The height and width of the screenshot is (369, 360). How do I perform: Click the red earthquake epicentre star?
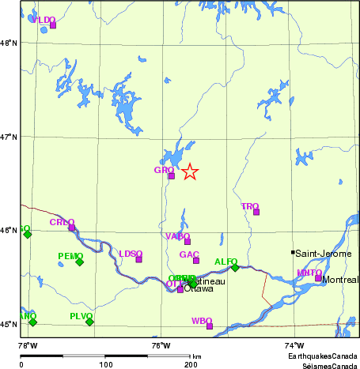pos(190,171)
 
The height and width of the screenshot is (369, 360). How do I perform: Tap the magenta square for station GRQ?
pos(171,175)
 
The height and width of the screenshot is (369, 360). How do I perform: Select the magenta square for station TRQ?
pos(256,212)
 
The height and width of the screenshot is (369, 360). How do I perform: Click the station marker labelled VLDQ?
pos(53,24)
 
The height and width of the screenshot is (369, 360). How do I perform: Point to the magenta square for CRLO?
pos(71,228)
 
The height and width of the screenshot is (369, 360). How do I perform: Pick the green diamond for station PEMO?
pos(79,262)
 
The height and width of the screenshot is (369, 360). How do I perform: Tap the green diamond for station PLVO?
pos(89,322)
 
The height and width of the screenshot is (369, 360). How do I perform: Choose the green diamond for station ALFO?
pos(235,267)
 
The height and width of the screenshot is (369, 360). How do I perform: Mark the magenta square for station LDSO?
pos(138,259)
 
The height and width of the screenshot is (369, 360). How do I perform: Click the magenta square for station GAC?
pos(196,260)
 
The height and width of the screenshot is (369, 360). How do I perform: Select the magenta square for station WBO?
pos(210,326)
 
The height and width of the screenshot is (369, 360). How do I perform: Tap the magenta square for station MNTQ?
pos(318,278)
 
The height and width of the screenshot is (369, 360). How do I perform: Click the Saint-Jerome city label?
pos(323,254)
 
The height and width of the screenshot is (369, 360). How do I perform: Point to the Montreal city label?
pos(341,281)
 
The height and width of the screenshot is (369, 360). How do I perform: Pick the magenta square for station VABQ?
pos(188,241)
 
